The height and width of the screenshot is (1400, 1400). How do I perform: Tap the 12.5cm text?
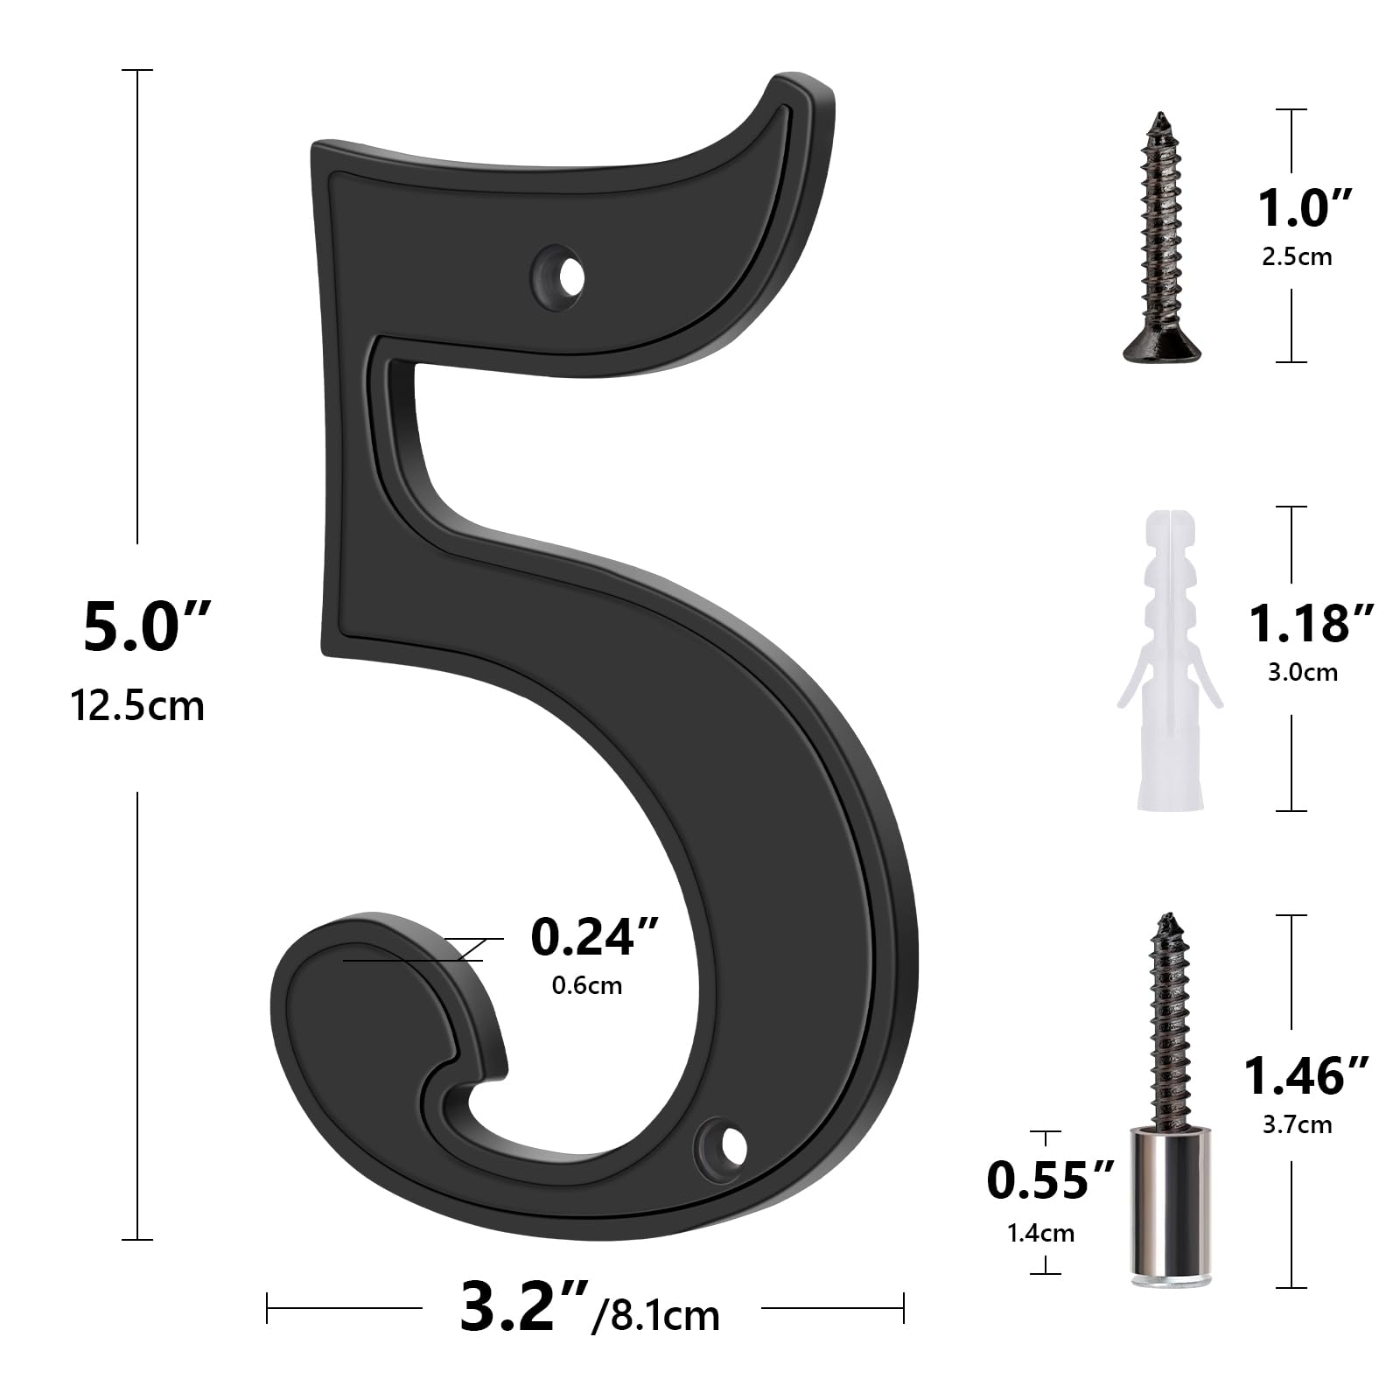pyautogui.click(x=137, y=705)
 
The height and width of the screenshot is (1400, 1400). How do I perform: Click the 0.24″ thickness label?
pyautogui.click(x=594, y=937)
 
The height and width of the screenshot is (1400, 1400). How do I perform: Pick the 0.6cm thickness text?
pyautogui.click(x=586, y=985)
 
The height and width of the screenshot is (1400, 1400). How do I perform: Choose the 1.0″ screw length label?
pyautogui.click(x=1305, y=209)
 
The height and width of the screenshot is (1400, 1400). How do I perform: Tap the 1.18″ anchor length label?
pyautogui.click(x=1310, y=624)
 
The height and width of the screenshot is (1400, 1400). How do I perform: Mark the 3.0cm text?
pyautogui.click(x=1302, y=672)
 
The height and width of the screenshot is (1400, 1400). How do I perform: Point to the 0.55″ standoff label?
pyautogui.click(x=1050, y=1179)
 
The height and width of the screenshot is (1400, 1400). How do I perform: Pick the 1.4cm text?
pyautogui.click(x=1040, y=1233)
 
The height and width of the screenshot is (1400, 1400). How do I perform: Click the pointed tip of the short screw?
pyautogui.click(x=1160, y=116)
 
